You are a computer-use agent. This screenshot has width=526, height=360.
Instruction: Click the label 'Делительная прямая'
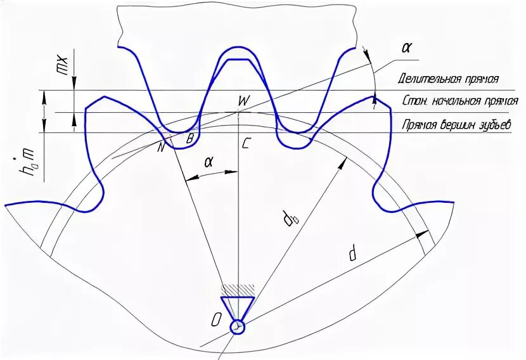click(448, 79)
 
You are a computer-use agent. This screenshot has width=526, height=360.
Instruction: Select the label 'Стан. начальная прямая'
click(460, 101)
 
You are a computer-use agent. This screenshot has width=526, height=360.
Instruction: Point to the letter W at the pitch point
click(243, 101)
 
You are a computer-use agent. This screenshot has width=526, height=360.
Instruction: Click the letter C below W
click(245, 143)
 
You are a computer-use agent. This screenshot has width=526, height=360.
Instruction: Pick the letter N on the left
click(162, 147)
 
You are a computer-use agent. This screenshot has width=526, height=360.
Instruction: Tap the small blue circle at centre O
click(238, 326)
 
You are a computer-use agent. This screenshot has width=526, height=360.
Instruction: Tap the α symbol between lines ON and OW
click(208, 162)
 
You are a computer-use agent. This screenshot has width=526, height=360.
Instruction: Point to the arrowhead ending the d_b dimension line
click(344, 160)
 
